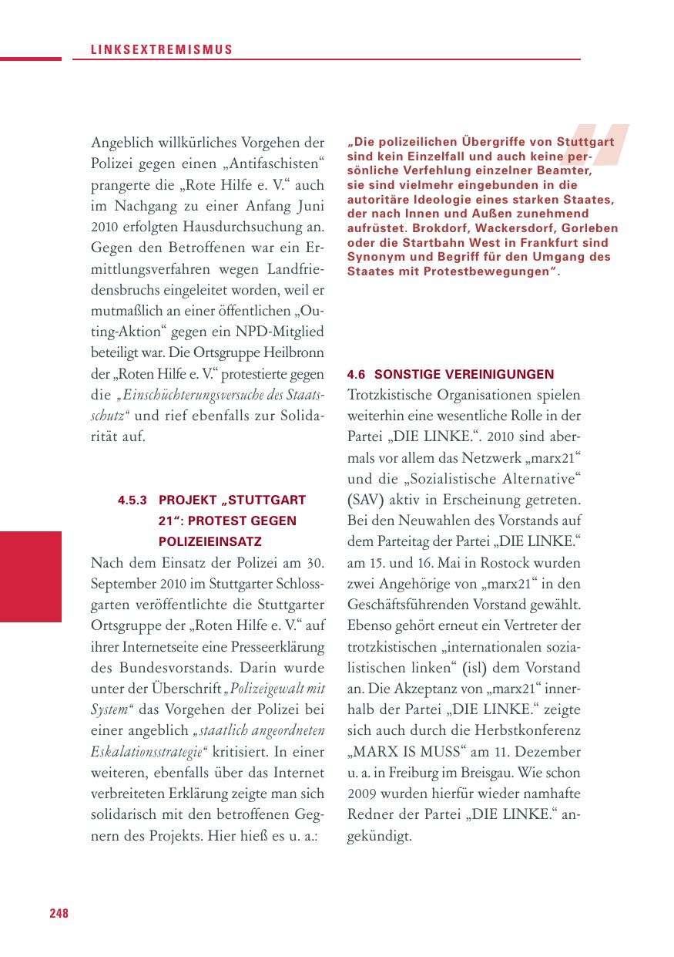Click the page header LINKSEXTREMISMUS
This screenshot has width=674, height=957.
(x=153, y=49)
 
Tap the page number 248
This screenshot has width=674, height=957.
(x=59, y=913)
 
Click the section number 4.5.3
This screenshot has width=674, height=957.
(x=132, y=500)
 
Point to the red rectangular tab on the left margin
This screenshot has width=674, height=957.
(x=30, y=576)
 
